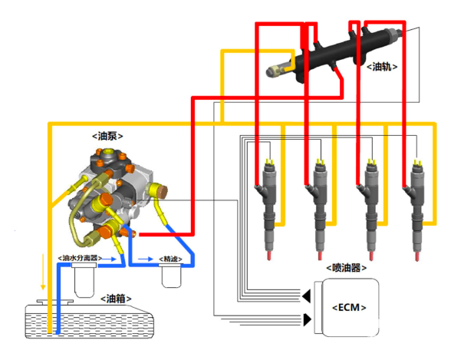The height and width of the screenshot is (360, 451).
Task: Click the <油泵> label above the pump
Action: [x=107, y=136]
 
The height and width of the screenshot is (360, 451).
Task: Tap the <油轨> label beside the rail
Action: [x=382, y=67]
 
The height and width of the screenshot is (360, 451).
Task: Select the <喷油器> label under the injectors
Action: [x=347, y=268]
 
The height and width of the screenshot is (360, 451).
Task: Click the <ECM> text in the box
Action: [x=349, y=307]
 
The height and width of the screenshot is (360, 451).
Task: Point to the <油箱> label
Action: [x=116, y=299]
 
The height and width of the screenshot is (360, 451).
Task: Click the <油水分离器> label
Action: [x=80, y=258]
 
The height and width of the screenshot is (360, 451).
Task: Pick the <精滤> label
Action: [x=170, y=259]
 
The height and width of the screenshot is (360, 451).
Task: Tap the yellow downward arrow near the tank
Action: [x=43, y=272]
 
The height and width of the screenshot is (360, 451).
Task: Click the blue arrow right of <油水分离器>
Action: [x=110, y=259]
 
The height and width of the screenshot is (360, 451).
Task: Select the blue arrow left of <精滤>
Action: [x=146, y=259]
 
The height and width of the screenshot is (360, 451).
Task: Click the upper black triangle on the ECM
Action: [x=306, y=296]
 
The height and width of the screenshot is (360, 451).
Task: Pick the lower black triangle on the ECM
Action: [x=308, y=319]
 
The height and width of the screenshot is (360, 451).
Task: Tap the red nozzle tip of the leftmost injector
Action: [x=269, y=256]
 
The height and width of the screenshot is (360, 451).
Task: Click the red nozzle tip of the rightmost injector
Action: [x=416, y=256]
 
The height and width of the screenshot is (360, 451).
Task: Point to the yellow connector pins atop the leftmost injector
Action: [x=270, y=162]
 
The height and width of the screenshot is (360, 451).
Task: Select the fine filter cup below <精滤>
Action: [x=172, y=276]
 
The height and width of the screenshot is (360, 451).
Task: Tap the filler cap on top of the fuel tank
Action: [x=55, y=302]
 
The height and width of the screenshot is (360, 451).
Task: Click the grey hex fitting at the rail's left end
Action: [x=274, y=71]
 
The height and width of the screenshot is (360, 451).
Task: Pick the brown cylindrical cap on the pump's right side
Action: [x=163, y=192]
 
